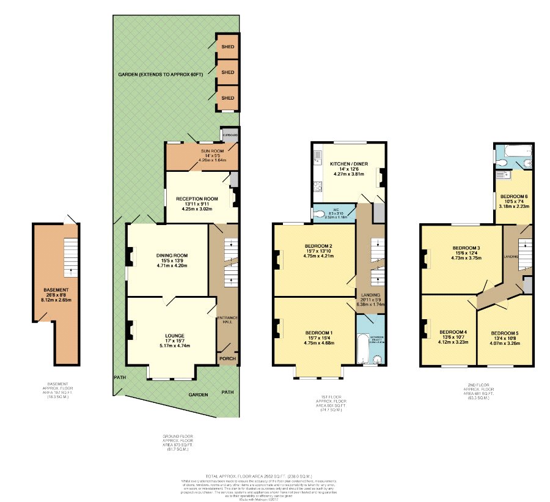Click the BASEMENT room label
(56, 289)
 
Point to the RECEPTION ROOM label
(197, 199)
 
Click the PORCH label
(227, 358)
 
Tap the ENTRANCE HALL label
(226, 319)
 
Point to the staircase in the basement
(71, 253)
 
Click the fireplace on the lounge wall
(130, 331)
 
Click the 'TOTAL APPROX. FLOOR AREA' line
(259, 476)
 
